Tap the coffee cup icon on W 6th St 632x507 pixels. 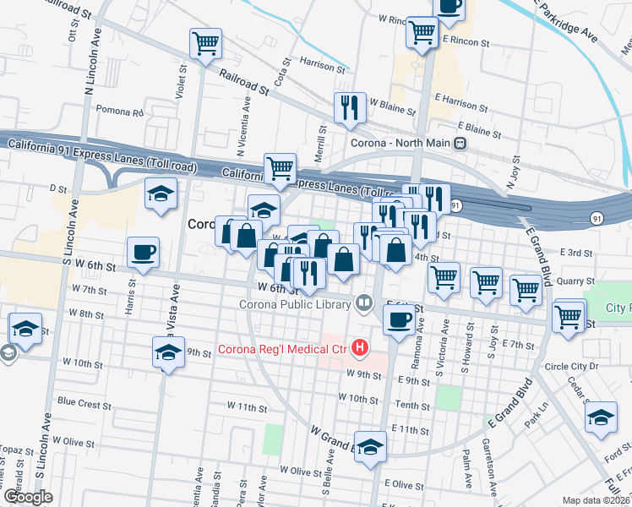pyautogui.click(x=143, y=251)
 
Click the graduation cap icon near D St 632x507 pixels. pyautogui.click(x=161, y=194)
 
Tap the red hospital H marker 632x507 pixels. pyautogui.click(x=361, y=347)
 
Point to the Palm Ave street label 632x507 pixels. pyautogui.click(x=466, y=470)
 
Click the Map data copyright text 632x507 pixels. pyautogui.click(x=596, y=500)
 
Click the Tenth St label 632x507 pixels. pyautogui.click(x=413, y=406)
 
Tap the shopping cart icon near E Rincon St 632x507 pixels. pyautogui.click(x=422, y=32)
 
